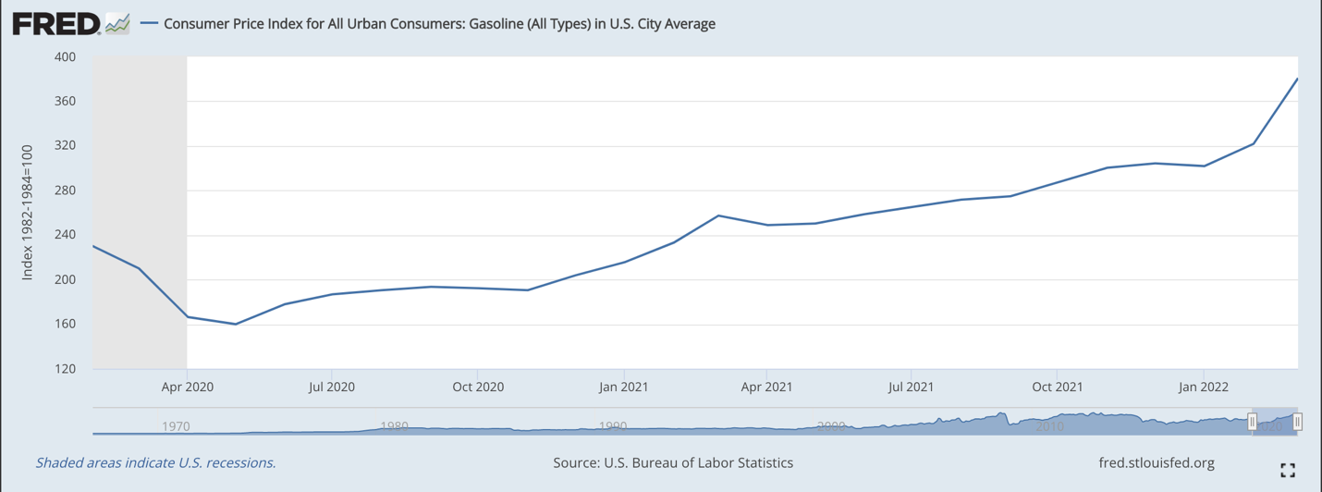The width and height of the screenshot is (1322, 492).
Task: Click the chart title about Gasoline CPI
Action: [439, 24]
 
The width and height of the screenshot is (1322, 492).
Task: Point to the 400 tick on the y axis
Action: [66, 57]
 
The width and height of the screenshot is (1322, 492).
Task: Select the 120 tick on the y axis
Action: [66, 369]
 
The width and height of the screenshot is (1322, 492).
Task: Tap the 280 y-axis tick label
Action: [66, 191]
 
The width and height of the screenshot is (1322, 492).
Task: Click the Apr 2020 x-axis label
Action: [187, 387]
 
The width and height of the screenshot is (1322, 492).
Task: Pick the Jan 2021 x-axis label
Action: [623, 387]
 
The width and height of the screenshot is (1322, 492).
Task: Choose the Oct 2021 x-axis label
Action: [1058, 387]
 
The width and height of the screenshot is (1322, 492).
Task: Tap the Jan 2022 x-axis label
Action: [1203, 387]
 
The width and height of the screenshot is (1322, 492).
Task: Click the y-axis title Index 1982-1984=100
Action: [28, 213]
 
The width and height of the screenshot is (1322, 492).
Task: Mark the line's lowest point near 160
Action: [236, 324]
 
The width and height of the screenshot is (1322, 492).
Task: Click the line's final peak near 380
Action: [1297, 80]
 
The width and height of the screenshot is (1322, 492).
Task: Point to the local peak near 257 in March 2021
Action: [719, 215]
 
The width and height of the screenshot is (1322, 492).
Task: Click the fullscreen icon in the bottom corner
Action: [1287, 471]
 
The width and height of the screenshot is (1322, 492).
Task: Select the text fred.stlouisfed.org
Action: [1156, 462]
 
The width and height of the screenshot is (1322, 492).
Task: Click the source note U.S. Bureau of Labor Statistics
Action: [673, 462]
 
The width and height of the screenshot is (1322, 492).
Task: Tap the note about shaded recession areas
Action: [155, 462]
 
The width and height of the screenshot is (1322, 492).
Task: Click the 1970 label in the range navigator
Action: [176, 426]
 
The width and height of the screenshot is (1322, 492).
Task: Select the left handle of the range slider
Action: [1253, 422]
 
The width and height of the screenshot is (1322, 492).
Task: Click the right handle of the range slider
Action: [1297, 422]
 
